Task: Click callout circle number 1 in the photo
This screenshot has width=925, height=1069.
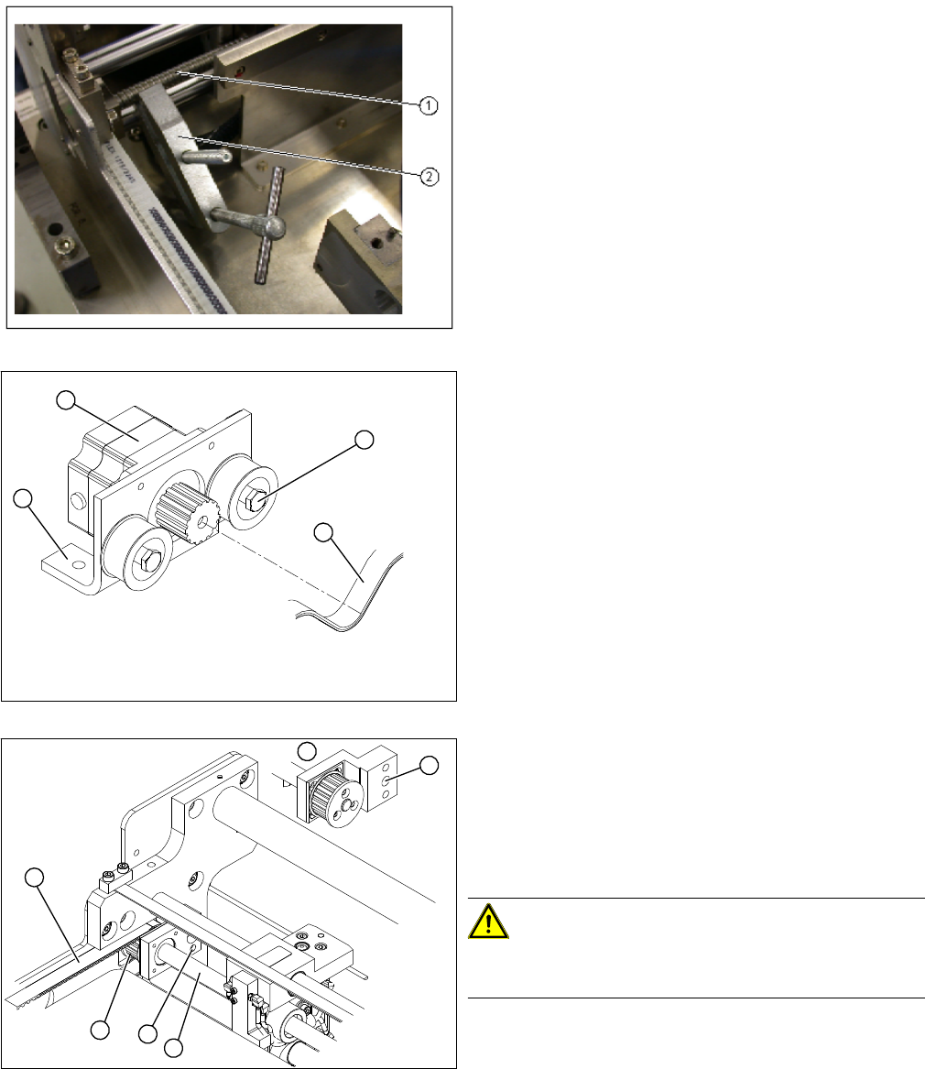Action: pos(428,105)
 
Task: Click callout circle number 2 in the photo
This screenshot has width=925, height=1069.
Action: pos(429,177)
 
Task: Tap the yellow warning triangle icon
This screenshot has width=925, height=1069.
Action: pos(488,922)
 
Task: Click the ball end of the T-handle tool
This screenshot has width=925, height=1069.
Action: pos(274,226)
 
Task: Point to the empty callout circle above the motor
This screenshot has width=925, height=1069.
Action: pos(65,400)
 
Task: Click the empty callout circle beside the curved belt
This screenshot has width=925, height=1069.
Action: pos(324,532)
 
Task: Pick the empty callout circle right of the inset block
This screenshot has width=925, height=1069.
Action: pos(429,766)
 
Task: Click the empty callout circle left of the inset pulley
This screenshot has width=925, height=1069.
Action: pos(308,751)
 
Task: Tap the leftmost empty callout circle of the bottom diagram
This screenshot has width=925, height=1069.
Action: pos(35,878)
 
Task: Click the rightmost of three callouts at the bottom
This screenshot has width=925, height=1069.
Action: pos(174,1048)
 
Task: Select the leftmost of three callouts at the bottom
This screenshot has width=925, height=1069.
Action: pos(100,1030)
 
